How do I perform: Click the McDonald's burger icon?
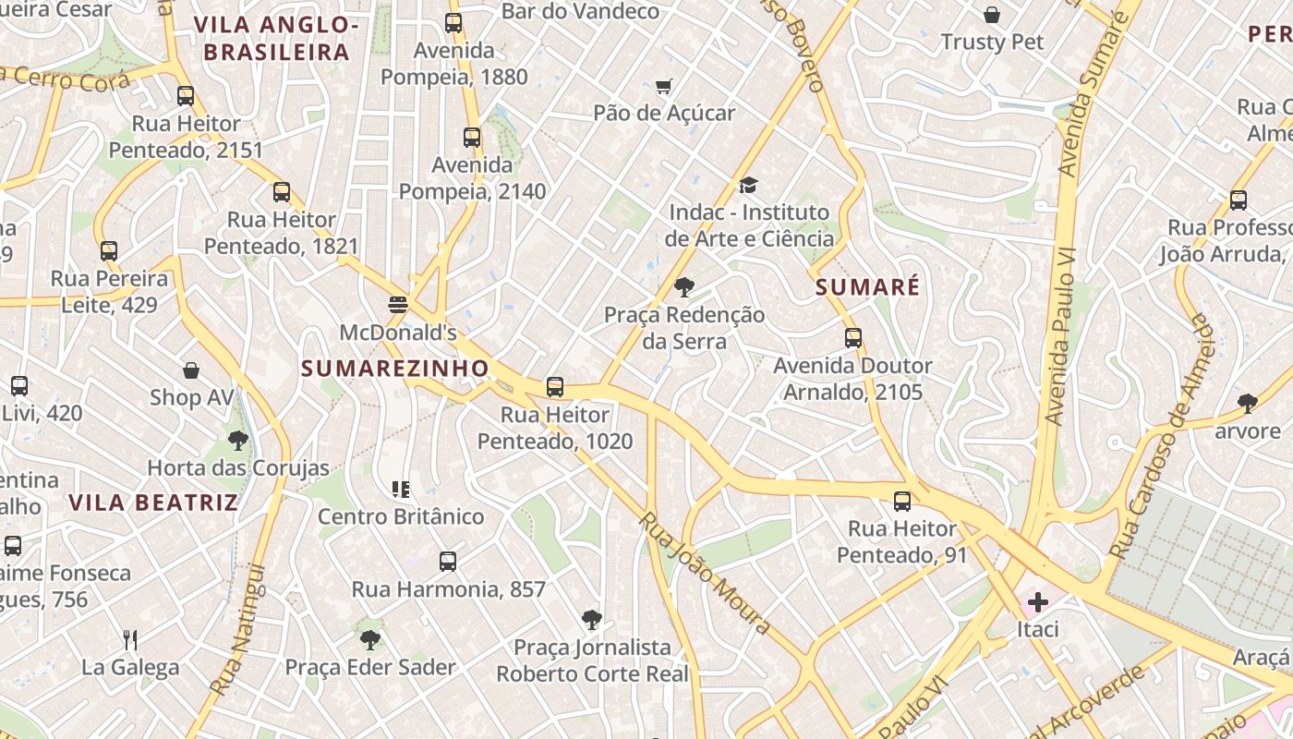(x=398, y=305)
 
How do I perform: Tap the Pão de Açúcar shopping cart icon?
(x=663, y=87)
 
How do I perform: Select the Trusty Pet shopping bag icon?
(x=992, y=15)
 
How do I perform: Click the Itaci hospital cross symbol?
(x=1038, y=603)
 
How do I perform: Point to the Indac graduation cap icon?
(x=748, y=186)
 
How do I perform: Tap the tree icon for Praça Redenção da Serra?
(x=684, y=287)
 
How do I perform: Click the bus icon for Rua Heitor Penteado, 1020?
(x=555, y=387)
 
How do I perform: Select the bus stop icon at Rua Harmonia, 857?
(x=448, y=561)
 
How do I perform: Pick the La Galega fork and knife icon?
(x=130, y=639)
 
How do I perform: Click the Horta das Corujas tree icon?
(x=238, y=441)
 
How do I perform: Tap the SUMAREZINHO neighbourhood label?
(x=395, y=369)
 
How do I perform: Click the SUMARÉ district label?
(x=867, y=287)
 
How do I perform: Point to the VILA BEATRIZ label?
(x=153, y=503)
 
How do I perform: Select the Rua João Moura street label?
(x=704, y=573)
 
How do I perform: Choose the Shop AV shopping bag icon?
(x=191, y=370)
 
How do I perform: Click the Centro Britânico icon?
(x=401, y=489)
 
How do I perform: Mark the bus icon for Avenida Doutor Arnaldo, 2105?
(x=853, y=338)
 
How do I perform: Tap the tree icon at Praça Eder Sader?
(x=370, y=639)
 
